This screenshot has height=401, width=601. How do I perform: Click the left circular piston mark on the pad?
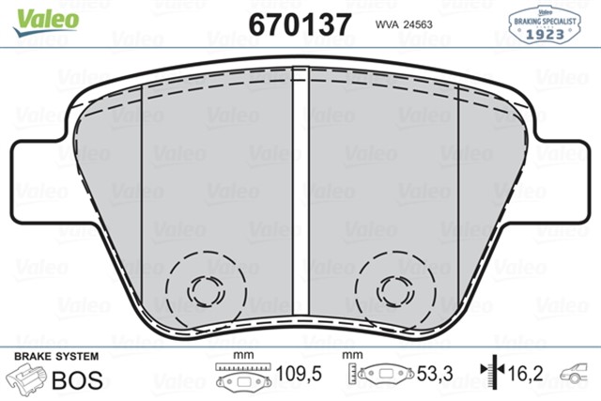point(200,289)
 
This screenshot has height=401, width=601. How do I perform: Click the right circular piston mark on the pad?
point(391,288)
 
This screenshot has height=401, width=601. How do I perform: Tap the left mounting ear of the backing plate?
point(42,161)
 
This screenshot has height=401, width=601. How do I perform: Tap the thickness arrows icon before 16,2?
point(488,374)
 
